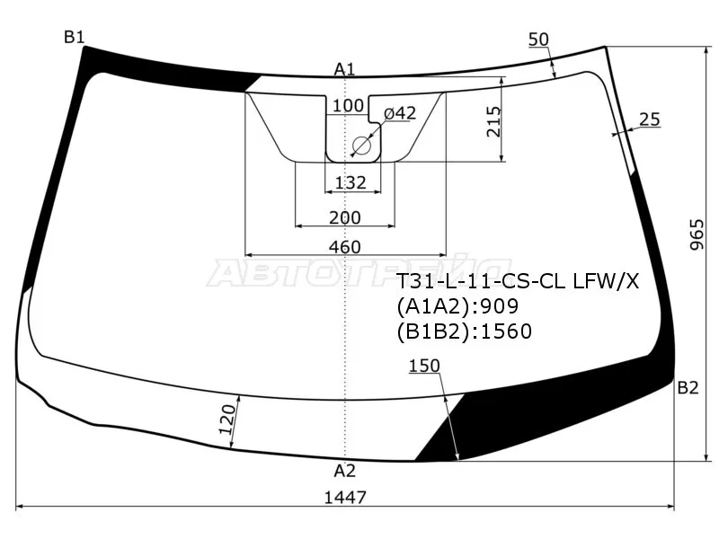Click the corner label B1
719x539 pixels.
pos(75,37)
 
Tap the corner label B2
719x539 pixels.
pos(688,388)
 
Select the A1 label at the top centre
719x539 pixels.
pos(344,69)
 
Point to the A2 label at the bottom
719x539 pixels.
pos(344,471)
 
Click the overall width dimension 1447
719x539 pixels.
pos(345,498)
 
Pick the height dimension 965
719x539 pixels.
pos(697,234)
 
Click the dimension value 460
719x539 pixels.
pos(345,247)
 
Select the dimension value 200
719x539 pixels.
pos(345,217)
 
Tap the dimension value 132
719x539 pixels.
pos(351,182)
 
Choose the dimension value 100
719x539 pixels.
pos(348,105)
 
